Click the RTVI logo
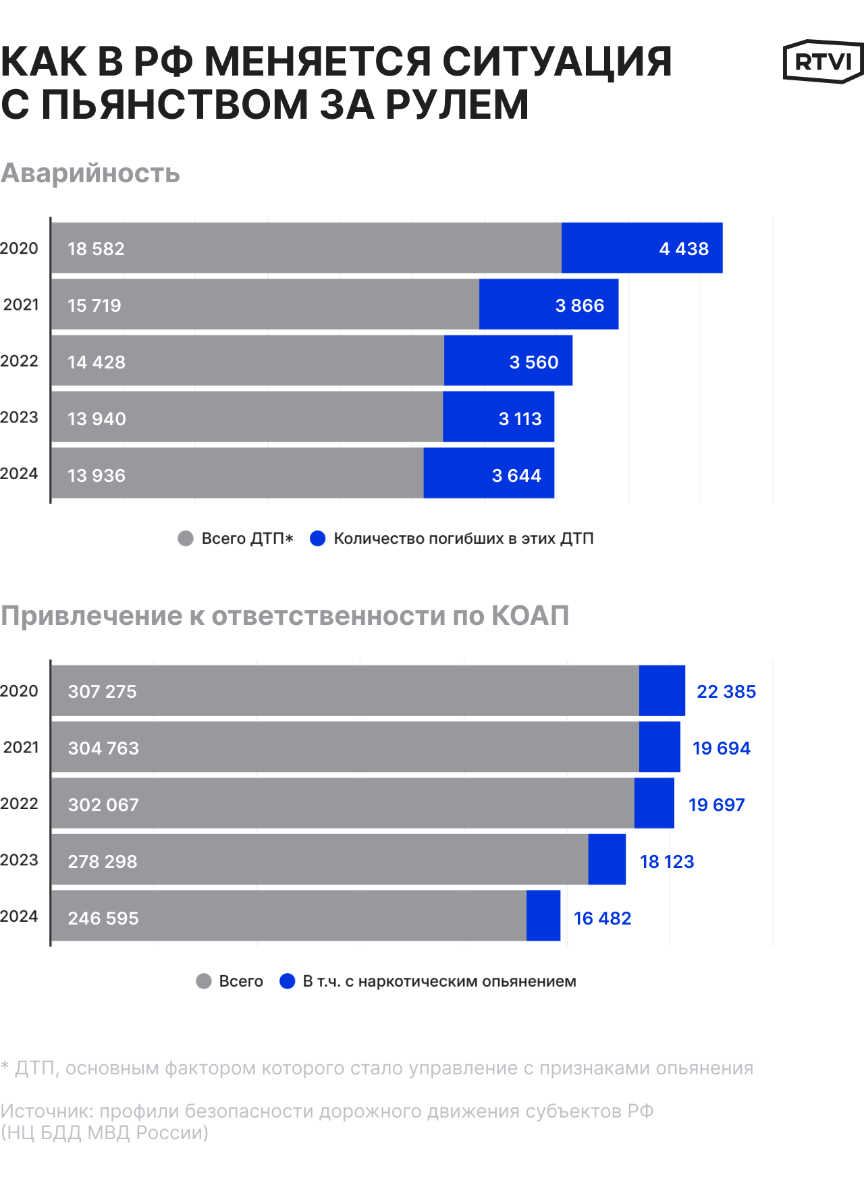(823, 61)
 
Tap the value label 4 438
(684, 249)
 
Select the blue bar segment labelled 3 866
(549, 305)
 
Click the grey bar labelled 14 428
(248, 362)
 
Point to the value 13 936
(97, 476)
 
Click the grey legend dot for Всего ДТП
(186, 539)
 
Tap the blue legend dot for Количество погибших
(318, 539)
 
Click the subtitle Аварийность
(90, 173)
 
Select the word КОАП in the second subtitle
(530, 616)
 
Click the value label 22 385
(726, 692)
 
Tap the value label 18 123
(667, 862)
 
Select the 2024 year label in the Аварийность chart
(19, 474)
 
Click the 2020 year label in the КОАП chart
(19, 691)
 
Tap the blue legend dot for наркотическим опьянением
(288, 981)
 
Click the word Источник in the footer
(47, 1111)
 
